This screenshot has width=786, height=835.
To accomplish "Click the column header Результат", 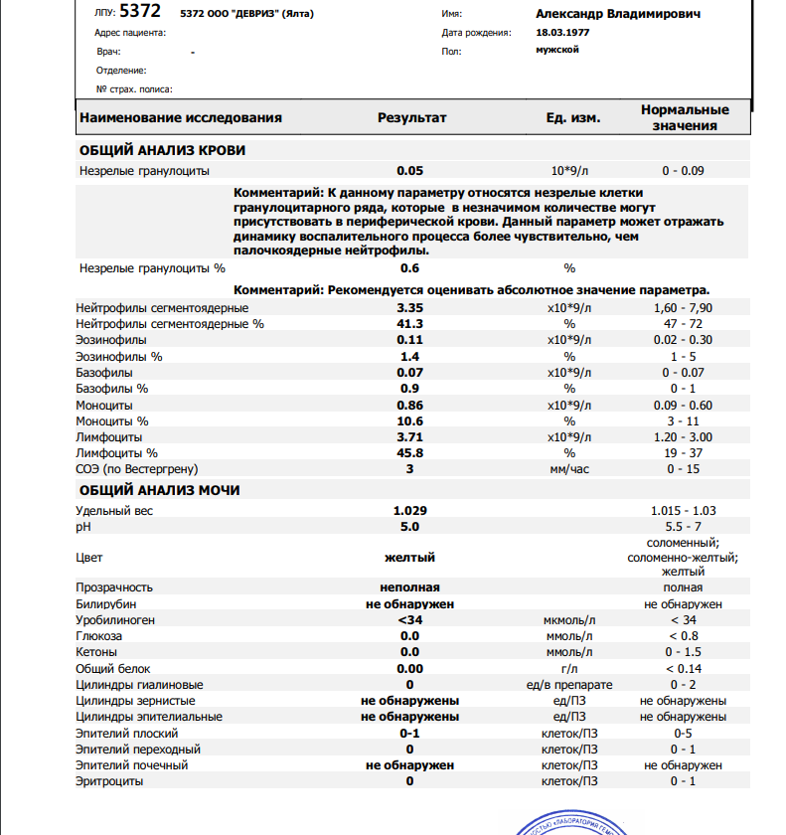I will pyautogui.click(x=411, y=117).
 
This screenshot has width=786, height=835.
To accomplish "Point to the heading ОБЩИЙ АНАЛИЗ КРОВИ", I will pyautogui.click(x=162, y=151).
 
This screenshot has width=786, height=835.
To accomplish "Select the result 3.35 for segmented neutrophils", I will pyautogui.click(x=409, y=308).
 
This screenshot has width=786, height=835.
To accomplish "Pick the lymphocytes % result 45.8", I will pyautogui.click(x=409, y=453).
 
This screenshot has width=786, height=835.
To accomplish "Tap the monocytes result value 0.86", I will pyautogui.click(x=409, y=406).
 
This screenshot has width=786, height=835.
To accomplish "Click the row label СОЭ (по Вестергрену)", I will pyautogui.click(x=137, y=469).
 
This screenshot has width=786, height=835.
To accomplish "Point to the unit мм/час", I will pyautogui.click(x=569, y=469).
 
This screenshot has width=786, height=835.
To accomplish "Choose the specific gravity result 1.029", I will pyautogui.click(x=409, y=511).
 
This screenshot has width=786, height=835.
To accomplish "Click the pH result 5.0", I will pyautogui.click(x=409, y=527).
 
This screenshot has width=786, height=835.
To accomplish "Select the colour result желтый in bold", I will pyautogui.click(x=409, y=558).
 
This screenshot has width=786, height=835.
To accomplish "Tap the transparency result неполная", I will pyautogui.click(x=409, y=588).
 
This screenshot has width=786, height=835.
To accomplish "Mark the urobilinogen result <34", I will pyautogui.click(x=409, y=620).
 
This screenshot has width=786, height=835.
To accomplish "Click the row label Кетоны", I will pyautogui.click(x=97, y=652).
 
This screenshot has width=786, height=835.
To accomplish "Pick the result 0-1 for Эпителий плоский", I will pyautogui.click(x=409, y=734).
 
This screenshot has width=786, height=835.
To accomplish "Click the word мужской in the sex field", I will pyautogui.click(x=556, y=50).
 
